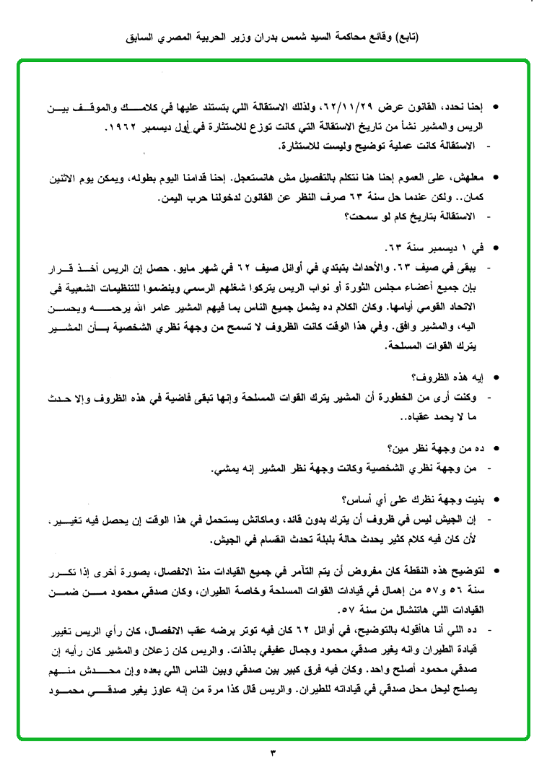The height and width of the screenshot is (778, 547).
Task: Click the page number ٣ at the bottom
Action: pyautogui.click(x=273, y=754)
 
